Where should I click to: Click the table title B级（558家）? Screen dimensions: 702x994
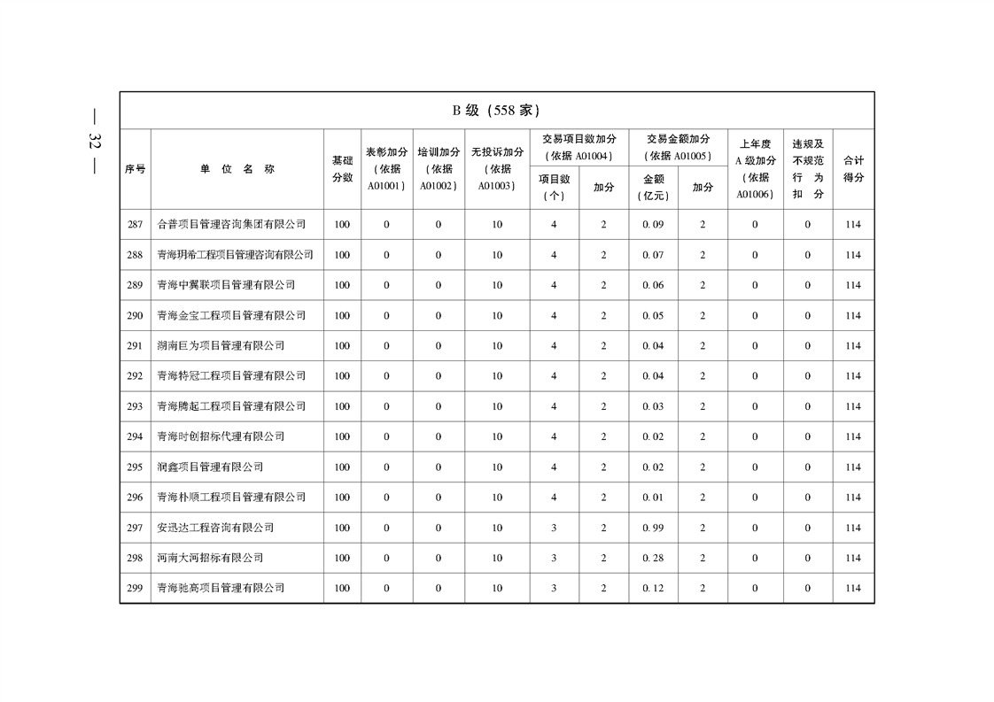tap(496, 111)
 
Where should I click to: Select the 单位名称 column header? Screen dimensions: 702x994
tap(237, 169)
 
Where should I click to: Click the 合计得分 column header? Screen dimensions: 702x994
tap(853, 169)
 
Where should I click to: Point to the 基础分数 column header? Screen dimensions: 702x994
tap(342, 169)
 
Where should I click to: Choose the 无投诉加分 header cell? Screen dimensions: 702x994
tap(497, 169)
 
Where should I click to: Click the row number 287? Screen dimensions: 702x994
tap(135, 225)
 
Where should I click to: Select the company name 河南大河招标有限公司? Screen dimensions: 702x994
tap(210, 558)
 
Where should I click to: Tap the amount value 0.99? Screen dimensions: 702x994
tap(653, 528)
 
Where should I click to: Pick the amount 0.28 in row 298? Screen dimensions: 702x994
tap(653, 558)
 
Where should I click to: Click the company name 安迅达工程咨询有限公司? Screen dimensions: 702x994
tap(215, 528)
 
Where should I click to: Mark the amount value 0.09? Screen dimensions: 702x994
tap(653, 225)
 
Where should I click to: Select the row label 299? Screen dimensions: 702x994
tap(135, 588)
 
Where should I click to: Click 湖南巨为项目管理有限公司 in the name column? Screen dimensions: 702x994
tap(221, 346)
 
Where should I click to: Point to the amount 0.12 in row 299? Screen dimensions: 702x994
tap(653, 588)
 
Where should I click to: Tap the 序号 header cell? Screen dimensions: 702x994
tap(135, 169)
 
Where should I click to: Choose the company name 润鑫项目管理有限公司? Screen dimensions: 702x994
tap(210, 467)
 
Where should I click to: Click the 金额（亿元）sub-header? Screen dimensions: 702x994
tap(653, 188)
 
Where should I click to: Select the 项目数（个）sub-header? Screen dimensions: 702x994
tap(554, 188)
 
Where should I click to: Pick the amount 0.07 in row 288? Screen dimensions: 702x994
tap(653, 255)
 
